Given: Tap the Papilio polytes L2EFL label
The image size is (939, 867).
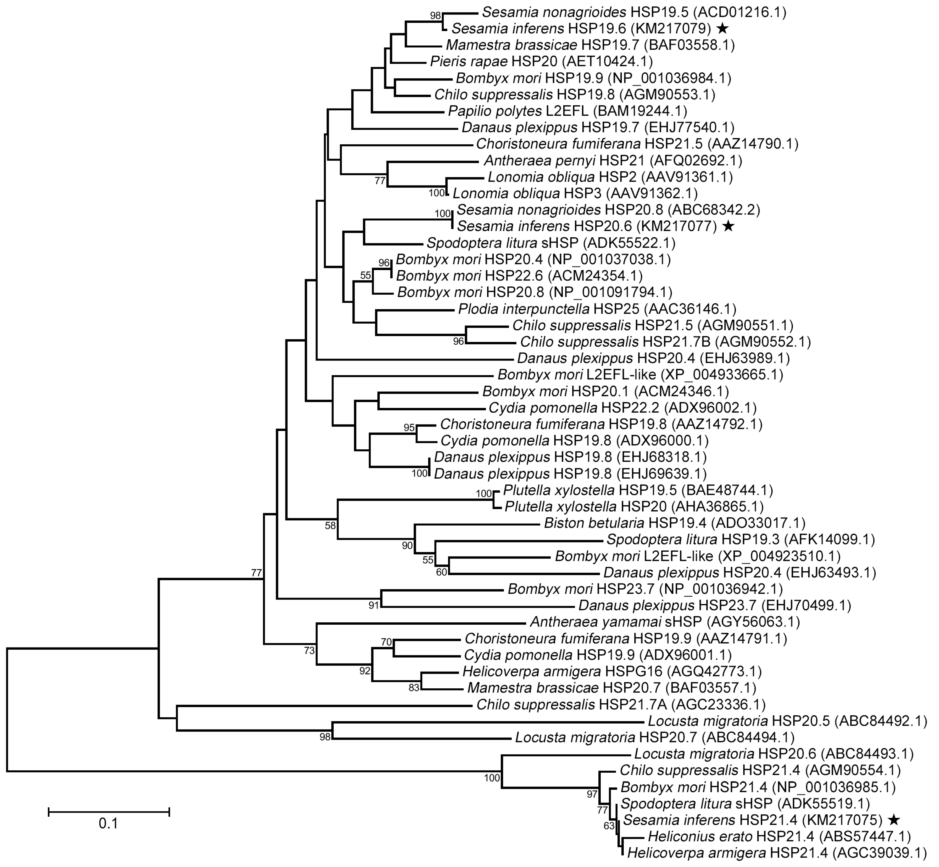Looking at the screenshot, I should (x=568, y=111).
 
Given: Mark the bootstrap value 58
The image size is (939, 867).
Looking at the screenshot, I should (x=331, y=526).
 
